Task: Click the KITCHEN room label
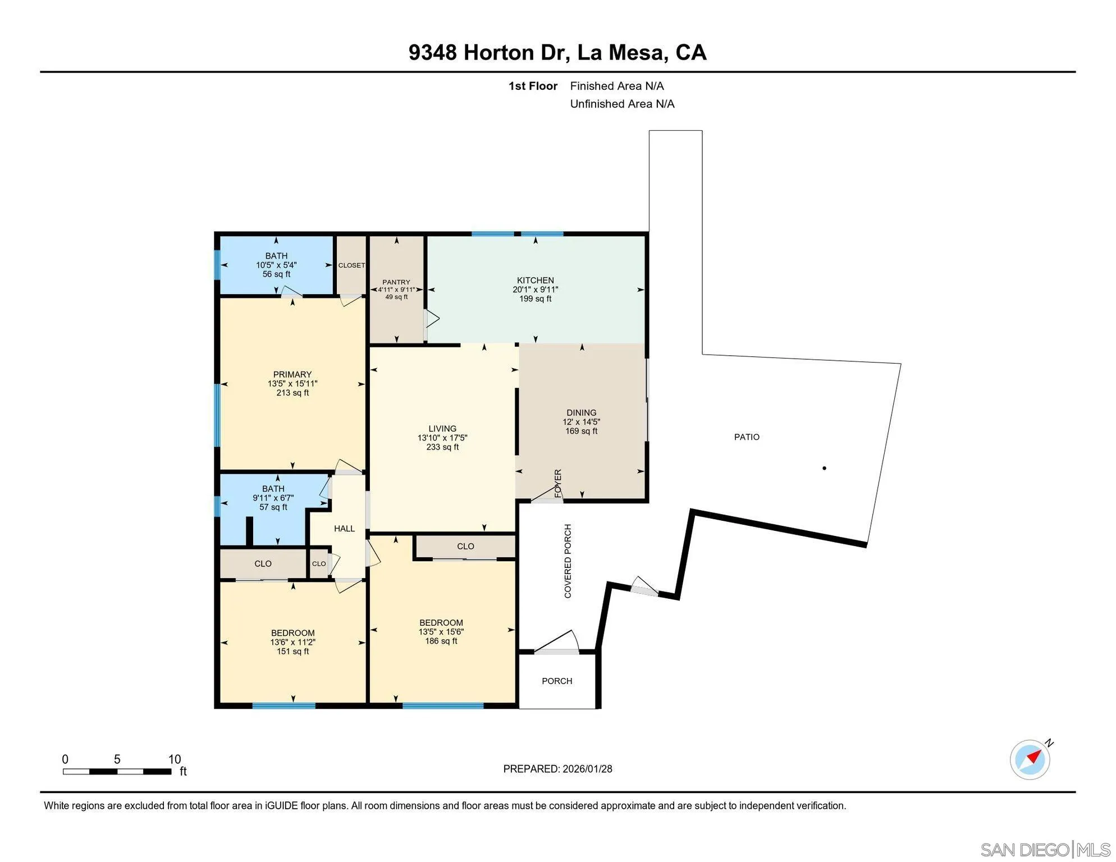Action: point(535,280)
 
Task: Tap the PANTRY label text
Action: point(396,282)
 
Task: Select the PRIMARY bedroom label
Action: point(292,374)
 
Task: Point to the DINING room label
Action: point(581,412)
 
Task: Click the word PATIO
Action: point(747,437)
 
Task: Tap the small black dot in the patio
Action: point(824,468)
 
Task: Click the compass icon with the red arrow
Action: point(1030,759)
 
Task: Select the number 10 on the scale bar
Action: point(175,759)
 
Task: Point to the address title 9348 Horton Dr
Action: point(488,53)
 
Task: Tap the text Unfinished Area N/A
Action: point(622,104)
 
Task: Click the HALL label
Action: point(344,529)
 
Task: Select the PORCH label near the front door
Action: point(557,681)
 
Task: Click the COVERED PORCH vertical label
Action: point(568,561)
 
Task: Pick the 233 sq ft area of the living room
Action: point(442,447)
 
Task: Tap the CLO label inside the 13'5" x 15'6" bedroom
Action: point(465,547)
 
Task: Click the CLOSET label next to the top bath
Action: point(351,265)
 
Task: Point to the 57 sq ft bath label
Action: point(273,507)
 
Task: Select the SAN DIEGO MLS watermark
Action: point(1045,850)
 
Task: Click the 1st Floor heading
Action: point(532,86)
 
